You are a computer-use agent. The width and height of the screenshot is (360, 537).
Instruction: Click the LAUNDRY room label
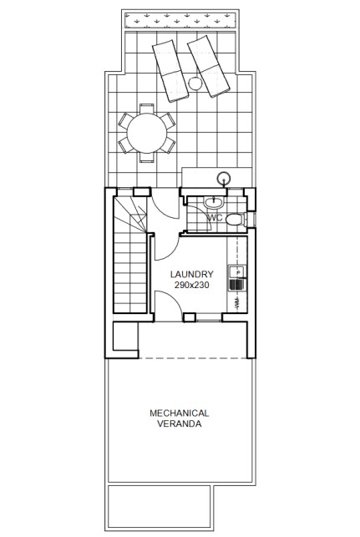point(192,274)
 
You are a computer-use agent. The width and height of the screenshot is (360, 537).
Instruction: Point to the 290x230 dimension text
point(192,285)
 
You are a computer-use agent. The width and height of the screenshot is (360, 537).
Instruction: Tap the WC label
point(215,218)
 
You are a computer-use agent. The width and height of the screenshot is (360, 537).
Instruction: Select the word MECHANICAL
point(179,413)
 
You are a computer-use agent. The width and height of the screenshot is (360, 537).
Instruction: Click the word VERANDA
point(179,423)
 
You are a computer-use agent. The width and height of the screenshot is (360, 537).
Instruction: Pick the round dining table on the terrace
point(147,134)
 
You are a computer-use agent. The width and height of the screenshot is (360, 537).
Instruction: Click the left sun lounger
point(170,71)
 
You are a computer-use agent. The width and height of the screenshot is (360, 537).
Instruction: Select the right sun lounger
point(208,67)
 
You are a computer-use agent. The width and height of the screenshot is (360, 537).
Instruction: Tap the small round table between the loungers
point(195,84)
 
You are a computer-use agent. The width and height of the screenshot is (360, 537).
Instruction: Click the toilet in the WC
point(235,219)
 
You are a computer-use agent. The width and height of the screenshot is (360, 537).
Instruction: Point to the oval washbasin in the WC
point(214,202)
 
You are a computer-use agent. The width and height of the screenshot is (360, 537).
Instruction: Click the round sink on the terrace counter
point(224,178)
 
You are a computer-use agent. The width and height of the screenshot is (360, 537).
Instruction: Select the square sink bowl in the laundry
point(236,272)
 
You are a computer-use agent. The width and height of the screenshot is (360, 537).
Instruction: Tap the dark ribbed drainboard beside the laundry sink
point(236,285)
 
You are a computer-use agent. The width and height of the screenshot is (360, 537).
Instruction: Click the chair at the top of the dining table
point(147,109)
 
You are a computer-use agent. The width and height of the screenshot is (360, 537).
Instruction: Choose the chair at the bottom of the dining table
point(147,157)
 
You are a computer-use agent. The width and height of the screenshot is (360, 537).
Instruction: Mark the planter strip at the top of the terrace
point(180,21)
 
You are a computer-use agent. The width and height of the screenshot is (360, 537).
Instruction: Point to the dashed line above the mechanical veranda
point(193,358)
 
